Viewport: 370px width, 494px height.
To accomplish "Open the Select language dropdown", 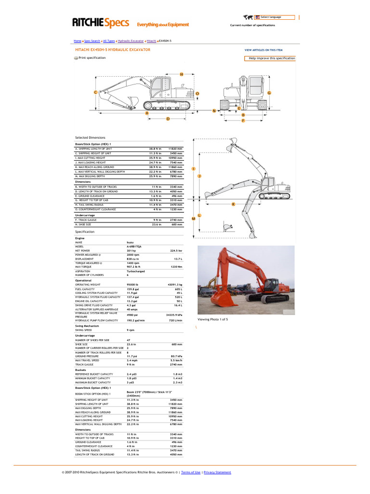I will (275, 17).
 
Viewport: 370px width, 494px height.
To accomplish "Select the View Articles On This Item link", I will (264, 50).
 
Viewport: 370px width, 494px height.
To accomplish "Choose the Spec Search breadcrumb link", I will (92, 41).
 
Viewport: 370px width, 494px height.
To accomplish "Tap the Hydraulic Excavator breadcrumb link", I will (131, 41).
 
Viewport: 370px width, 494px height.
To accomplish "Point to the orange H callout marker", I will (182, 74).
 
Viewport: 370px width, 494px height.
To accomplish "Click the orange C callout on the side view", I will (96, 92).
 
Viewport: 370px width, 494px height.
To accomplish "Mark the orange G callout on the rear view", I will (269, 92).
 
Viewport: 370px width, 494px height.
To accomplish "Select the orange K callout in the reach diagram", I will (233, 205).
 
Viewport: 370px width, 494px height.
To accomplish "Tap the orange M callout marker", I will (194, 219).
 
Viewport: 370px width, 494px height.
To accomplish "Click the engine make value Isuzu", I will (131, 242).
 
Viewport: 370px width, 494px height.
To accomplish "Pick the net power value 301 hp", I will (132, 251).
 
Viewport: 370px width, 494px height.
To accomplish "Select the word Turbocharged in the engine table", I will (136, 271).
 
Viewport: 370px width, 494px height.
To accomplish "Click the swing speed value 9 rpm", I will (131, 330).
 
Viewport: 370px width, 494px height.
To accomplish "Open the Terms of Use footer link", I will (191, 472).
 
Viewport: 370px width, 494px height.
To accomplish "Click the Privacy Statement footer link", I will (217, 472).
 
